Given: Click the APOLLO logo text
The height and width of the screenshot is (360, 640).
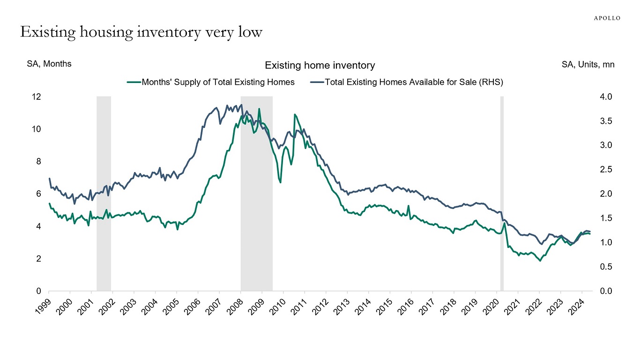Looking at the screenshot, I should coord(607,18).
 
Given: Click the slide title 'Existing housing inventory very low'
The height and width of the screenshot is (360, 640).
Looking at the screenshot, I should coord(141,32).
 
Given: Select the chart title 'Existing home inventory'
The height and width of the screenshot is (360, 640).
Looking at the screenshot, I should coord(320,65).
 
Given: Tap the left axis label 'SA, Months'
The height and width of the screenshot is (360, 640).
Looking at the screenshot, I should coord(49,64).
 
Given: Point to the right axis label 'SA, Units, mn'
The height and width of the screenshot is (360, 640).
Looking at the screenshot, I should coord(588,65).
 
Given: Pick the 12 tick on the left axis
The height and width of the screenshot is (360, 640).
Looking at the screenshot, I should coord(37,97).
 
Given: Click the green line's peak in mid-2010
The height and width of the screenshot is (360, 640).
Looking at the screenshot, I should coord(295,114).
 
